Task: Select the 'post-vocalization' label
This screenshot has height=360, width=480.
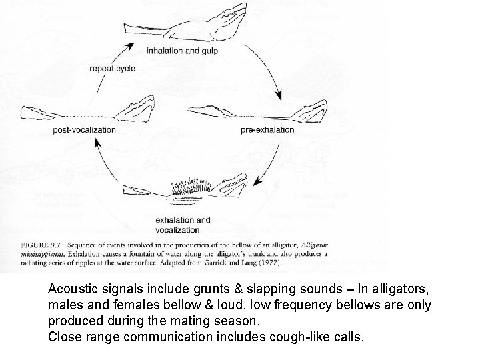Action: [x=84, y=130]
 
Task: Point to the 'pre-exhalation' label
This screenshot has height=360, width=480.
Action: [x=267, y=130]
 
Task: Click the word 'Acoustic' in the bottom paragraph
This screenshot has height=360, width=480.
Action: [x=70, y=291]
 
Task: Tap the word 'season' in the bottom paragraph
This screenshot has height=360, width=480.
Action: [x=237, y=321]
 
